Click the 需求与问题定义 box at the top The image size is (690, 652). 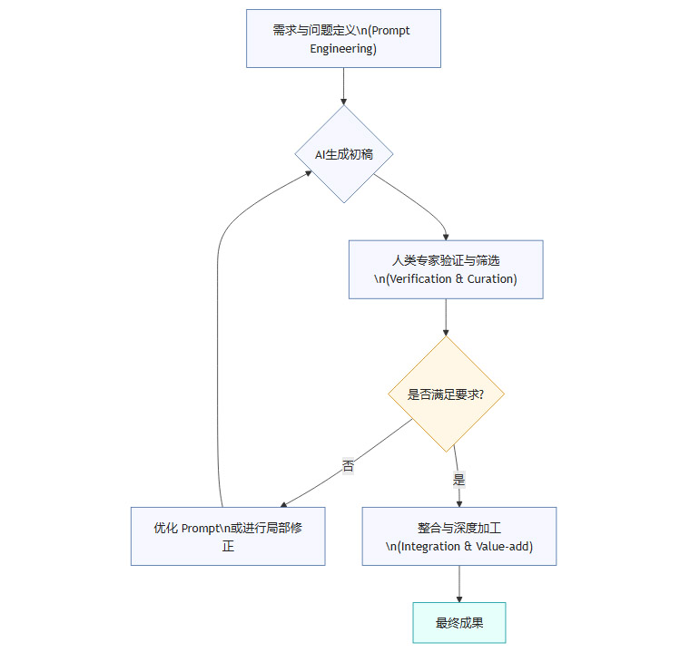point(343,38)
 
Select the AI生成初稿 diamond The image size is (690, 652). point(343,154)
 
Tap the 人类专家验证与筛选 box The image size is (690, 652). point(446,269)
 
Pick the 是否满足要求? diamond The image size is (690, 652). point(446,394)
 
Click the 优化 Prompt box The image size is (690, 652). point(228,537)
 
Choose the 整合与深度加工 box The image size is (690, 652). point(459,537)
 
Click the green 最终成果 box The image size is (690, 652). point(459,623)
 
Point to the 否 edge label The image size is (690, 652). point(348,466)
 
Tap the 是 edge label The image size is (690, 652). point(458,480)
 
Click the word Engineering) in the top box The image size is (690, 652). point(343,48)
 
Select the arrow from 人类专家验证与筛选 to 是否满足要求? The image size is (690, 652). point(446,317)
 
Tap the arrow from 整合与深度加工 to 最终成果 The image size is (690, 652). point(459,584)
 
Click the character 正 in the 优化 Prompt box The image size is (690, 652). point(228,546)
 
